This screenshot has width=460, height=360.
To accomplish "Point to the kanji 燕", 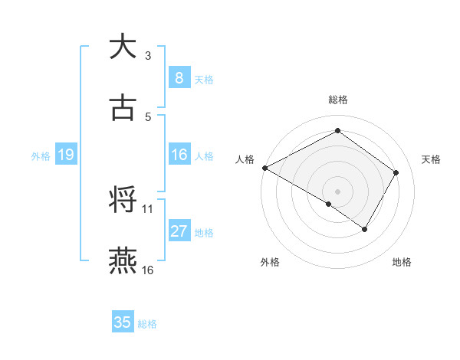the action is pos(123,260).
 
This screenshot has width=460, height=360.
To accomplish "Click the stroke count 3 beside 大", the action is pos(148,55).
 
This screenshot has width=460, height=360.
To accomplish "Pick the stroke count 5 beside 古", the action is pos(148,116).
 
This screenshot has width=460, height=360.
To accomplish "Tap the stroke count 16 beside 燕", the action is pos(148,270).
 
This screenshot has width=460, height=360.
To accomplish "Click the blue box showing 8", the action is pos(179,78).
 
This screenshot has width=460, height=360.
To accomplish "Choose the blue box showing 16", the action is pos(179,155).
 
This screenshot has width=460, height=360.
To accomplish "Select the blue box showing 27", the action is pos(179,231).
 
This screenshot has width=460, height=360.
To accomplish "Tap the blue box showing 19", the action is pos(65,155).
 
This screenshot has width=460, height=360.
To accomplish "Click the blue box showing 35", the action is pos(123,322).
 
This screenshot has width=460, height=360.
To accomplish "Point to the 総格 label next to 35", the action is pos(147,324).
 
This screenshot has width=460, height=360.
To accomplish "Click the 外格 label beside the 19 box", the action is pos(41,156).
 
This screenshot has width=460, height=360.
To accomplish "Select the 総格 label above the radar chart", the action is pos(337,100).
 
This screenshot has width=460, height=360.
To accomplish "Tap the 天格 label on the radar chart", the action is pos(432,159).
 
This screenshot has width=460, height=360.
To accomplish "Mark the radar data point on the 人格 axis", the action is pos(264,167).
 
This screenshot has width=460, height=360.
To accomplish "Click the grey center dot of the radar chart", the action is pos(337,191).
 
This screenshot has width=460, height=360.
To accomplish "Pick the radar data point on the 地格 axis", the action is pos(365,229).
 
